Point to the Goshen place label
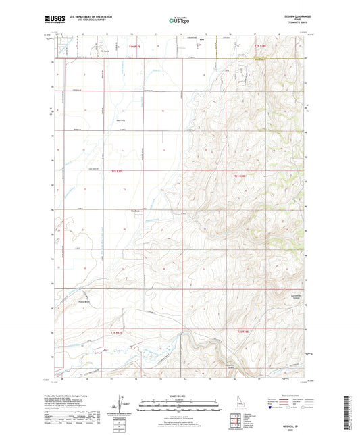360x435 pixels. pos(134,209)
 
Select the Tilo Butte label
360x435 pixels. pos(105,49)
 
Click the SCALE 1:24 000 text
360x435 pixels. pos(180,396)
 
